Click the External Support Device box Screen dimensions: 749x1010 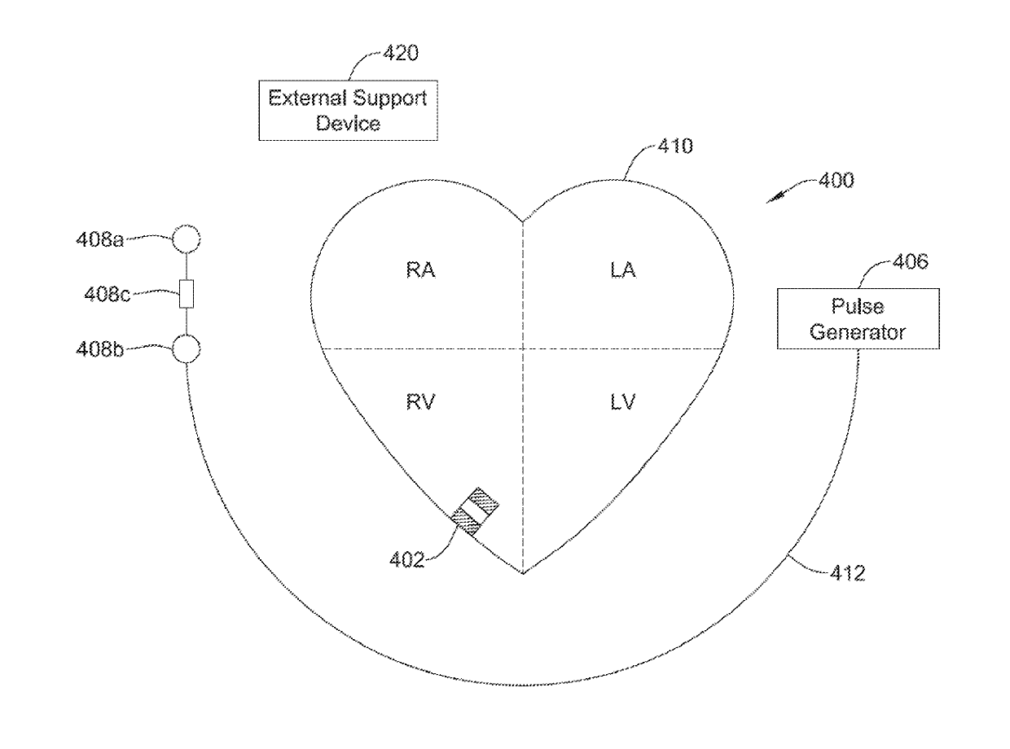[x=348, y=112]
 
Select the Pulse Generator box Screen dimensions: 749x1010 [x=857, y=319]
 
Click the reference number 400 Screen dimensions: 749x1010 [x=835, y=180]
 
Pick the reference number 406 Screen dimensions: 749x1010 [x=910, y=261]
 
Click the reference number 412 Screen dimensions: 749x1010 [x=847, y=574]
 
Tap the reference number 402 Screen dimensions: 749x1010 [x=406, y=559]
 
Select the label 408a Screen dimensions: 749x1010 [x=105, y=240]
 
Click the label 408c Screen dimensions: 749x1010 [x=105, y=293]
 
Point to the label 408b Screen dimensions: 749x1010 [x=105, y=350]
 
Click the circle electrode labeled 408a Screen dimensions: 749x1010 [x=186, y=240]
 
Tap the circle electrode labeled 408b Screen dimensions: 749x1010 [x=186, y=350]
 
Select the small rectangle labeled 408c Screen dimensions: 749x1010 [x=187, y=294]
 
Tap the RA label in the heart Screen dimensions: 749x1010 [x=420, y=270]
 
